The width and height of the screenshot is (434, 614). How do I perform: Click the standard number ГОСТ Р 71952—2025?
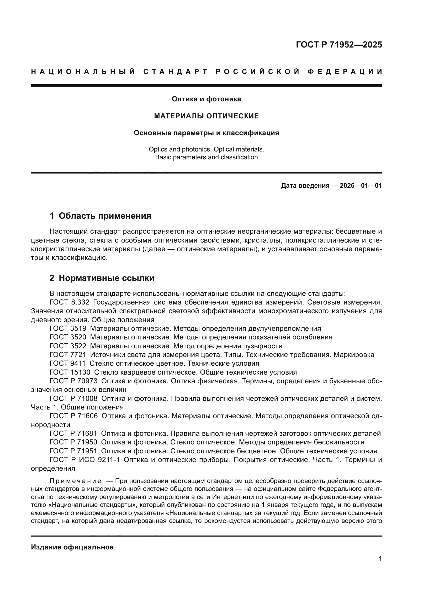click(x=339, y=45)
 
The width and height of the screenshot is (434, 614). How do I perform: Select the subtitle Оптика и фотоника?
click(x=206, y=99)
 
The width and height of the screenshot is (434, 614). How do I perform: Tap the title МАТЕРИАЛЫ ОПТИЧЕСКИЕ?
click(x=206, y=116)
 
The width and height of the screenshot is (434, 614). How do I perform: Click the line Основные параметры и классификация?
click(x=206, y=133)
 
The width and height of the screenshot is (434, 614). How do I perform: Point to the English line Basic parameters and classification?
click(x=206, y=157)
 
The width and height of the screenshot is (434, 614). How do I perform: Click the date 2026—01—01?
click(x=361, y=186)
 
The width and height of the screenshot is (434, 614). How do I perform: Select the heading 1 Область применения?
click(x=100, y=216)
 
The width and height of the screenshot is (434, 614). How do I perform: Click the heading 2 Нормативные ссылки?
click(x=102, y=278)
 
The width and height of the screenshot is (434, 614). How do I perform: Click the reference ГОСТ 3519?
click(x=68, y=329)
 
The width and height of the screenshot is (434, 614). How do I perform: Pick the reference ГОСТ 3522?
click(x=68, y=346)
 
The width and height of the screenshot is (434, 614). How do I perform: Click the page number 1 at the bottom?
click(x=380, y=559)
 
